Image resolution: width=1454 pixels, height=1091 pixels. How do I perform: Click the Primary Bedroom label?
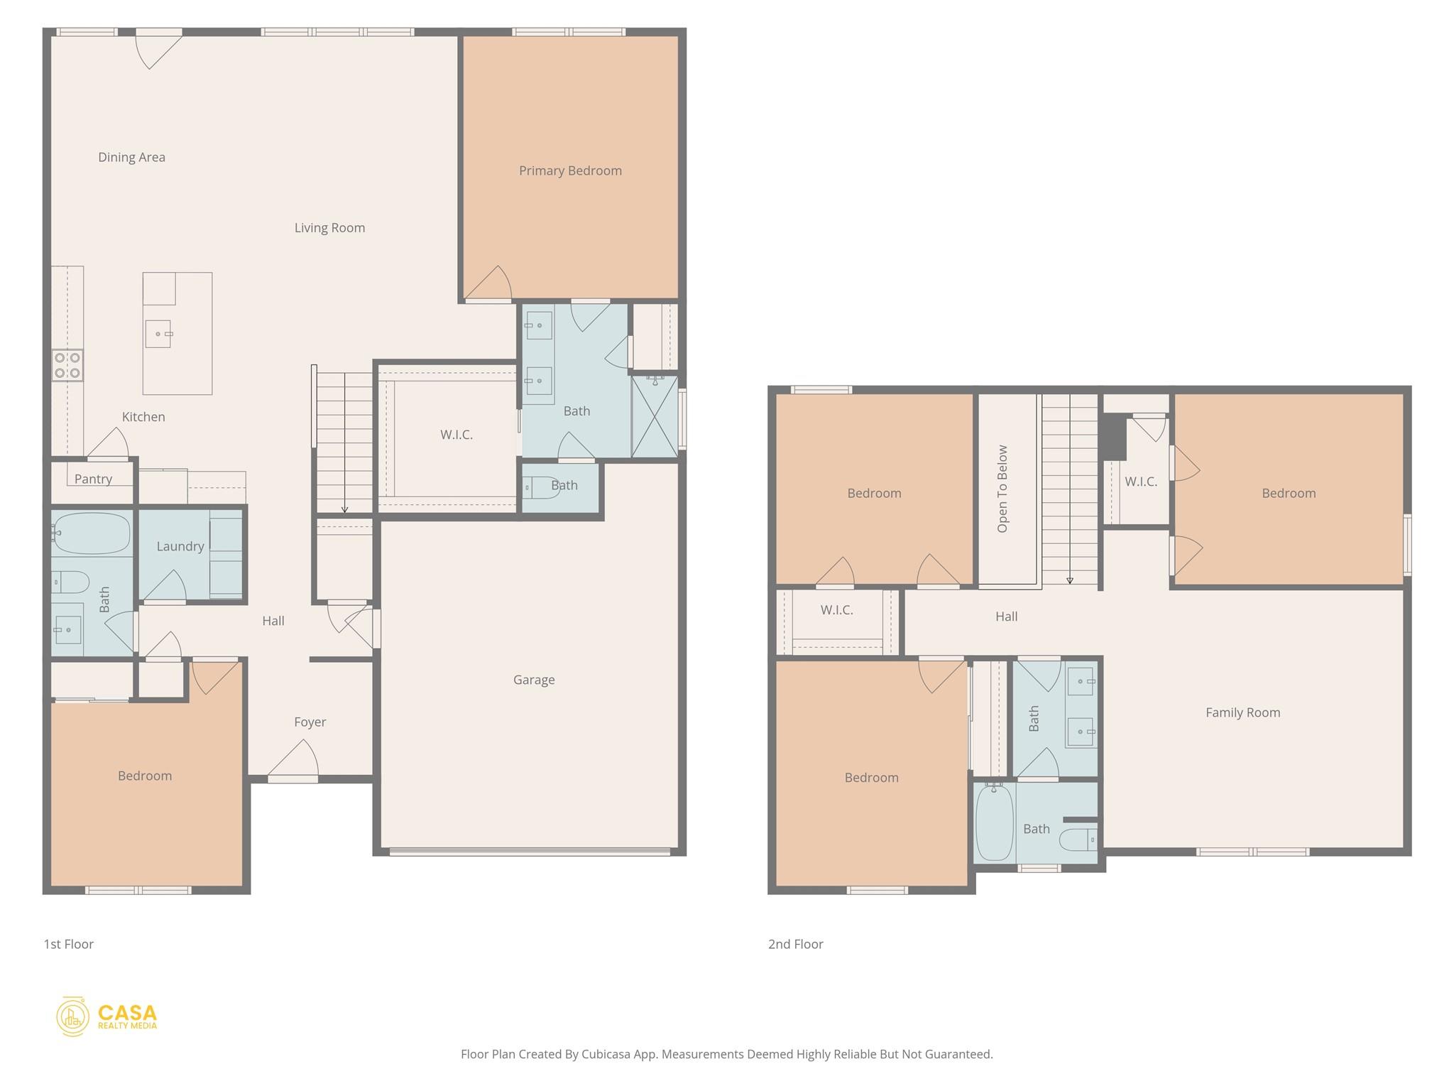570,170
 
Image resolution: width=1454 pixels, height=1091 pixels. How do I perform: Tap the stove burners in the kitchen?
67,365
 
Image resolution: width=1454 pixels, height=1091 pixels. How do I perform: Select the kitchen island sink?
158,334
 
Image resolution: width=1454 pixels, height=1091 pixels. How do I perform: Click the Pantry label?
93,479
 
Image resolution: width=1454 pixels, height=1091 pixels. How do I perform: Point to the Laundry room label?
180,546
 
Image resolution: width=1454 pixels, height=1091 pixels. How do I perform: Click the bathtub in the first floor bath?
91,533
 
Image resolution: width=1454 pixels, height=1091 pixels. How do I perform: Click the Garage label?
534,680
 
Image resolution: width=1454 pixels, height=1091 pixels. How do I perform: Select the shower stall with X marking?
655,417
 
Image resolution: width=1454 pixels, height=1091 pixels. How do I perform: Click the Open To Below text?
1002,489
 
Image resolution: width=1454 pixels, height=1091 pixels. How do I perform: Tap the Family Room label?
1242,712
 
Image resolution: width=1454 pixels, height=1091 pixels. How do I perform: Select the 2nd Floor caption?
795,944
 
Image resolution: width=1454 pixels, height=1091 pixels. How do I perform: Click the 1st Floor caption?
68,944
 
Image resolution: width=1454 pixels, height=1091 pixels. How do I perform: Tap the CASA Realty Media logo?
107,1016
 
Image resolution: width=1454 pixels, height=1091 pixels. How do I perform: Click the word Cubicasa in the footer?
607,1054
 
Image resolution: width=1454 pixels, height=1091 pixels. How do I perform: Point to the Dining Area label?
131,157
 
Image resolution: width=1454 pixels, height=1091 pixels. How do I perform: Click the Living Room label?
329,227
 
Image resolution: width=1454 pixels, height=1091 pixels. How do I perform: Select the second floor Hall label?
1006,617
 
